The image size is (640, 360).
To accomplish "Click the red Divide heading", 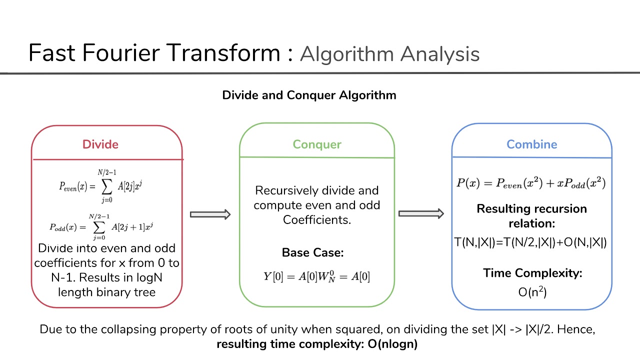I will [100, 144].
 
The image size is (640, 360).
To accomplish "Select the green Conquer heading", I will [317, 144].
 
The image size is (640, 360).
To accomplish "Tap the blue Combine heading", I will [531, 144].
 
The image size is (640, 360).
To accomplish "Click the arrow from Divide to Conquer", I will [210, 214].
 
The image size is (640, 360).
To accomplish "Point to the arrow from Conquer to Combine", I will [421, 214].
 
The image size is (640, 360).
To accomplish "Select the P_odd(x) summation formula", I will [100, 226].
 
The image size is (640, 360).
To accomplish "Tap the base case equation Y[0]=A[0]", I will [316, 276].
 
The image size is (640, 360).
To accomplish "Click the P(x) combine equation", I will [531, 183].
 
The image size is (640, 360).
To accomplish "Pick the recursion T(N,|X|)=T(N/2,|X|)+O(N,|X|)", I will [531, 242].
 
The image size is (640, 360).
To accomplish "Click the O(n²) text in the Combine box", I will [532, 292].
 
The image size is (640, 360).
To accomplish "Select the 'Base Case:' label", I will [312, 252].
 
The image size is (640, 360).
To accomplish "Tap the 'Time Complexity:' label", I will [532, 273].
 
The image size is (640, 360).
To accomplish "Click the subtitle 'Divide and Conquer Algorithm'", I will [309, 95].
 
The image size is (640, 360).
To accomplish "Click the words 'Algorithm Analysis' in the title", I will [389, 54].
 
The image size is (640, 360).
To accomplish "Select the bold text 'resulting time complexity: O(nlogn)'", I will [317, 344].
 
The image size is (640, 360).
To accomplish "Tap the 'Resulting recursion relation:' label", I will [531, 215].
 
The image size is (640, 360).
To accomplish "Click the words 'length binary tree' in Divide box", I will [106, 292].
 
